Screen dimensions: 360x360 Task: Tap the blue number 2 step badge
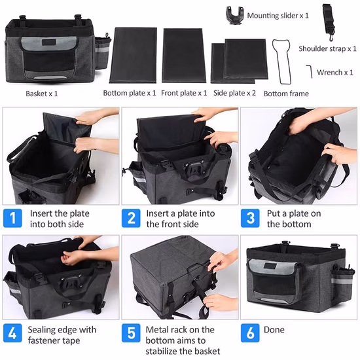tap(132, 218)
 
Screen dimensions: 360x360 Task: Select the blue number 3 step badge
tap(250, 218)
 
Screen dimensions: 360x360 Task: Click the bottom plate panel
tap(133, 55)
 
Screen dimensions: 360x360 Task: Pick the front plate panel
tap(184, 55)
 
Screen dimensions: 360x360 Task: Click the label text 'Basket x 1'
tap(42, 93)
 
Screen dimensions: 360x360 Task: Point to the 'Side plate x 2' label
tap(235, 93)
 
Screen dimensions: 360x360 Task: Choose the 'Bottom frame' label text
tap(286, 94)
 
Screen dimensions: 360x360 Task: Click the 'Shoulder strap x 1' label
tap(328, 48)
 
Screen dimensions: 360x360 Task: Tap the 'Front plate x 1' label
tap(184, 93)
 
